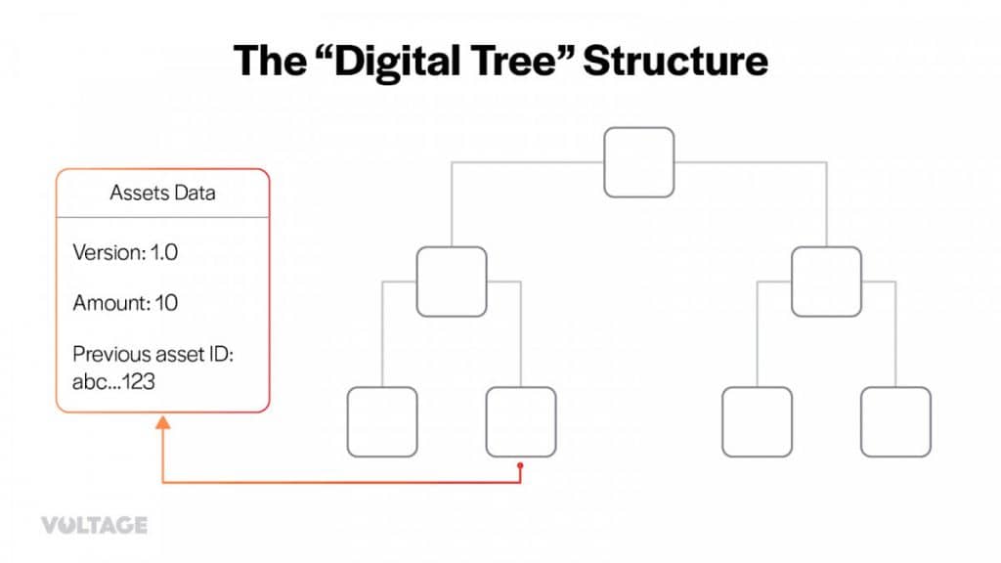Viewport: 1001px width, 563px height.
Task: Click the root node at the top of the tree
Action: pos(639,162)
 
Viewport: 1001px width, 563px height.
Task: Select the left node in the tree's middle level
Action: pos(452,281)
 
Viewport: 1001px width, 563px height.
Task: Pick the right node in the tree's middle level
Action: pos(826,281)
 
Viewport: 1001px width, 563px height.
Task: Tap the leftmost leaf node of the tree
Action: pos(382,422)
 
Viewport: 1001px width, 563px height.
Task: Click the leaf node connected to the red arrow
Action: pos(521,422)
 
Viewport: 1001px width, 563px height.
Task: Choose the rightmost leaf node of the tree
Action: pos(895,422)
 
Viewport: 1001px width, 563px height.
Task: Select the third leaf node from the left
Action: pos(758,422)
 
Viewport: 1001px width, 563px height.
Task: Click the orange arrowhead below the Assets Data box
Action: pos(163,422)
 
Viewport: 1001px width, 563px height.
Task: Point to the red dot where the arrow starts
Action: pos(520,466)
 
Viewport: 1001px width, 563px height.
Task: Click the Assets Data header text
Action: pos(162,193)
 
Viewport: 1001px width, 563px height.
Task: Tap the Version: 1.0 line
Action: pos(125,252)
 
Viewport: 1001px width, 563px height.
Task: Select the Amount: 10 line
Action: pos(125,303)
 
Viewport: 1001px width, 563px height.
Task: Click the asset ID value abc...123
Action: pos(113,382)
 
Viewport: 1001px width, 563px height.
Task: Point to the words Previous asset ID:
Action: pos(153,354)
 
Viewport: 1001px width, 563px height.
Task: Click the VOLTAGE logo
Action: pos(95,525)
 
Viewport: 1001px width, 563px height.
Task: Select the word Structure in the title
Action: pos(675,61)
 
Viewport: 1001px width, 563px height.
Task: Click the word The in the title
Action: pos(270,61)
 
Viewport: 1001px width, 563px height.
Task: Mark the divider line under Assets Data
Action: pos(163,217)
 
